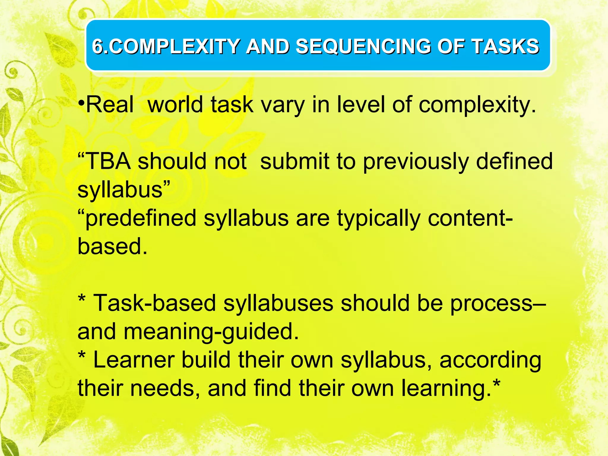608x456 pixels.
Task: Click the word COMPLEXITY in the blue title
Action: [175, 47]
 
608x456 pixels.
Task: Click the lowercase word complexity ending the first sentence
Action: [477, 105]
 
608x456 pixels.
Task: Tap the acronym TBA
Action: [108, 161]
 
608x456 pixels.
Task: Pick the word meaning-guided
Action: [211, 332]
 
